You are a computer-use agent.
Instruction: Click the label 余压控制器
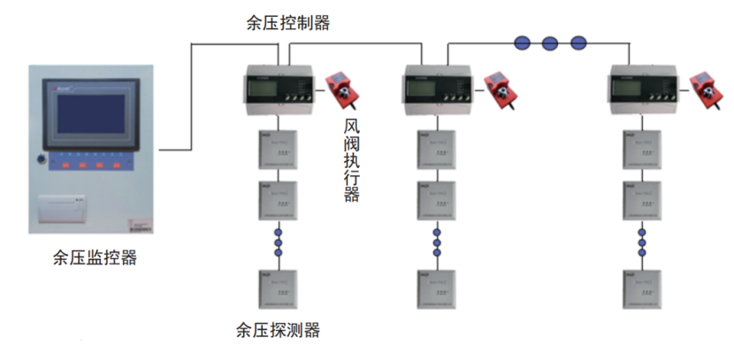288,23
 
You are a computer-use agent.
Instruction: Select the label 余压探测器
278,331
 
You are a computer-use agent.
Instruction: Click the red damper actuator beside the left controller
339,88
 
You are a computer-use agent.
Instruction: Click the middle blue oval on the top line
550,42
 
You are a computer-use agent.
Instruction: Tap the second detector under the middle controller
436,200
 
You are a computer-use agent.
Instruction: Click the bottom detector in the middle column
436,287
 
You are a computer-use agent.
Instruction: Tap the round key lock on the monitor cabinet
40,160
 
